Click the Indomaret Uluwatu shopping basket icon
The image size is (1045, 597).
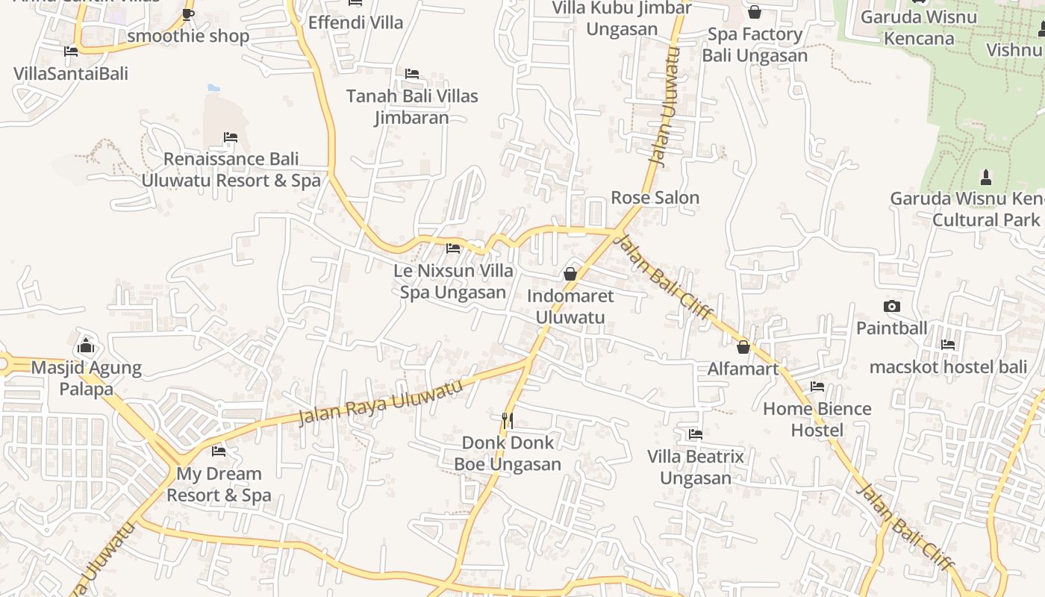click(x=570, y=274)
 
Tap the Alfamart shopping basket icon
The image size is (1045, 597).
click(x=743, y=347)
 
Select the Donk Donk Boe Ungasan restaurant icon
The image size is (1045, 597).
click(x=508, y=420)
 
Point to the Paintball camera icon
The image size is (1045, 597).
click(x=891, y=307)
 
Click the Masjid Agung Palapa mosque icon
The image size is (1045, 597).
click(x=86, y=346)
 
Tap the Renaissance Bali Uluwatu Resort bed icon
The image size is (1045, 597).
click(x=231, y=137)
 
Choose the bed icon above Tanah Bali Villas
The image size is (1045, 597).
click(x=412, y=74)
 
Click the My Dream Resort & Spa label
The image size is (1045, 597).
click(x=219, y=484)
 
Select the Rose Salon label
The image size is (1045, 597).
click(x=655, y=198)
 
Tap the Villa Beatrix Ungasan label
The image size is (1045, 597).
click(x=696, y=467)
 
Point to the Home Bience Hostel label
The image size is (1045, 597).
click(x=817, y=419)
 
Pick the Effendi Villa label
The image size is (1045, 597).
click(x=355, y=22)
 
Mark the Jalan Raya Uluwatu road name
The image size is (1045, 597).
click(x=381, y=400)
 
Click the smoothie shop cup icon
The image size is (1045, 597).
click(x=188, y=14)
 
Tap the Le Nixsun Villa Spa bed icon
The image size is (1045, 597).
click(x=453, y=249)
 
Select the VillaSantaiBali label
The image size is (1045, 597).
click(x=71, y=74)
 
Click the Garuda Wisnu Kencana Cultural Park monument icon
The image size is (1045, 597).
click(x=986, y=178)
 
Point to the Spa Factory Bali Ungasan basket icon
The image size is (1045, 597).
click(x=755, y=12)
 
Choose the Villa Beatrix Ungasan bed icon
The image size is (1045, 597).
click(x=696, y=434)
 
